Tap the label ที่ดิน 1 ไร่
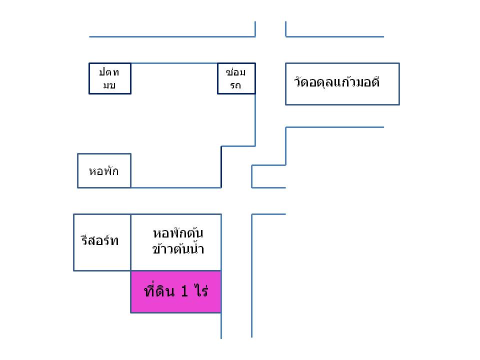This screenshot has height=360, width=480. [x=175, y=291]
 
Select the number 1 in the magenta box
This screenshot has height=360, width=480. [x=184, y=292]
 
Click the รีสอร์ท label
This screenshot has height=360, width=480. [x=100, y=240]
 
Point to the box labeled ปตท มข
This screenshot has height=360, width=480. [x=109, y=78]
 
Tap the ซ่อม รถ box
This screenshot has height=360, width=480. [x=236, y=78]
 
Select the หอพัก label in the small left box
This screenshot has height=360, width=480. [x=103, y=171]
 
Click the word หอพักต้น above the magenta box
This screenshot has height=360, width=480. [x=178, y=233]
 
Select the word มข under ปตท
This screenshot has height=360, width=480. [x=109, y=85]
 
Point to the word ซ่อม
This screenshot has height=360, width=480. [x=236, y=72]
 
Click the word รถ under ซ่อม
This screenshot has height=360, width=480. [x=236, y=85]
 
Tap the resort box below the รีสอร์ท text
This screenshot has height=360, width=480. [x=102, y=260]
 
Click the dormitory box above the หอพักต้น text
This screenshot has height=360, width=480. [x=175, y=220]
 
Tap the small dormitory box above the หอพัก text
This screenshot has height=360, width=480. [x=104, y=160]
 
